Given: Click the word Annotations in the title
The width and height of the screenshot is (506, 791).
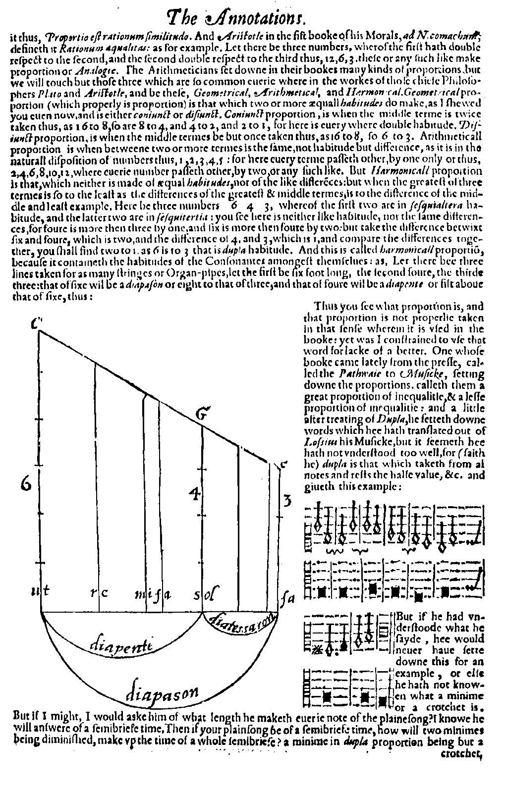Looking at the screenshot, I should [252, 19].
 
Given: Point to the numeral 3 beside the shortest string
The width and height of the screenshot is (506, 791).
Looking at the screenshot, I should [286, 501].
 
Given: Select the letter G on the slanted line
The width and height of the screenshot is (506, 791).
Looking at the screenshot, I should [200, 415].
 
